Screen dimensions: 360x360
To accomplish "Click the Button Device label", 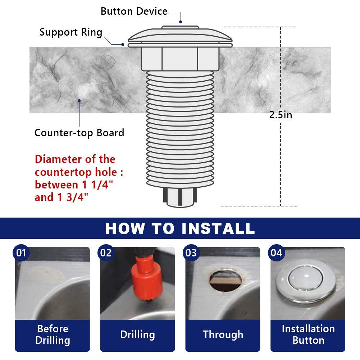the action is pyautogui.click(x=134, y=11).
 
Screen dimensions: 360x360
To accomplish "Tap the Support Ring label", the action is pyautogui.click(x=71, y=32).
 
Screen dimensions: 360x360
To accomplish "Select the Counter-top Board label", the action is pyautogui.click(x=79, y=133).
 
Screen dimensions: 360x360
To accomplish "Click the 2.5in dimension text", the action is pyautogui.click(x=281, y=115).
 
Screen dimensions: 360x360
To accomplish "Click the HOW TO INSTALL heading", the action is pyautogui.click(x=180, y=228).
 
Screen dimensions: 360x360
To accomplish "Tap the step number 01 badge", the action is pyautogui.click(x=21, y=253).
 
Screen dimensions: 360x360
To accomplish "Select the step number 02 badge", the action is pyautogui.click(x=106, y=253).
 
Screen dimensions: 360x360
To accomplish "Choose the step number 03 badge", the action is pyautogui.click(x=191, y=253).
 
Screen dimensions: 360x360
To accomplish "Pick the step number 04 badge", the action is pyautogui.click(x=276, y=253).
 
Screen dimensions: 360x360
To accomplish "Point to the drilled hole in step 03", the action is pyautogui.click(x=225, y=281).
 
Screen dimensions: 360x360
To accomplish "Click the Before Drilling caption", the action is pyautogui.click(x=53, y=334).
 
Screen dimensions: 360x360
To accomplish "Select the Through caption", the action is pyautogui.click(x=223, y=334).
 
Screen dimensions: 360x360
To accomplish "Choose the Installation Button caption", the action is pyautogui.click(x=308, y=334).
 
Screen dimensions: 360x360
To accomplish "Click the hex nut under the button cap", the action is pyautogui.click(x=180, y=59).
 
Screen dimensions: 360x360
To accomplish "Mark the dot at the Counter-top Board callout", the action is pyautogui.click(x=79, y=101).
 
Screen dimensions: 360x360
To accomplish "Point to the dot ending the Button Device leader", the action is pyautogui.click(x=181, y=22).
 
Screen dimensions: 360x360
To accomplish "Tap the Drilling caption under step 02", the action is pyautogui.click(x=137, y=334).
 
